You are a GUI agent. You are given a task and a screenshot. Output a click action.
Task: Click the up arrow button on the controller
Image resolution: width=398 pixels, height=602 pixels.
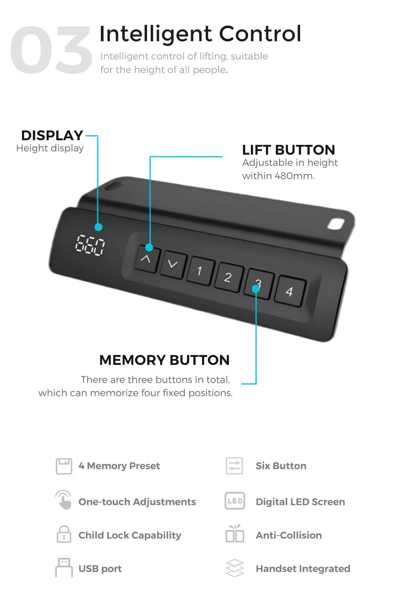pos(146,259)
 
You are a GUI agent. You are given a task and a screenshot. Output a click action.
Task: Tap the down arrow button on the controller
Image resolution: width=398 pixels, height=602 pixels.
pos(173,264)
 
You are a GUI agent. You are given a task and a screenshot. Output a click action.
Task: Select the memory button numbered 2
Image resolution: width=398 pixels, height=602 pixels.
pos(228,278)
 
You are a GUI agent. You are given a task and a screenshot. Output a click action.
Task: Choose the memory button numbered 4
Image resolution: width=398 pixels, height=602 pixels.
pos(289,291)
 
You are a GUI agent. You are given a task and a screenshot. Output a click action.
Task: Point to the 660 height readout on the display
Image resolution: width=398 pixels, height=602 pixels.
pos(90,246)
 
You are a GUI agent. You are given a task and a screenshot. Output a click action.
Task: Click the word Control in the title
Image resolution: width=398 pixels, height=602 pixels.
pos(260,34)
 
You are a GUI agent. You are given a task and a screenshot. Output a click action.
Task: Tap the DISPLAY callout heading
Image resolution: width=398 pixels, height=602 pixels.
pos(52,135)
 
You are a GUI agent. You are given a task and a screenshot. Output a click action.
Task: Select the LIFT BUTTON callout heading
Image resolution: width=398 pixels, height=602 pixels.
pos(288,150)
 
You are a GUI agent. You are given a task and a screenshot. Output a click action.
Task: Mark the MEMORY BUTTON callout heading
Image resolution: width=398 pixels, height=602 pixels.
pos(164,360)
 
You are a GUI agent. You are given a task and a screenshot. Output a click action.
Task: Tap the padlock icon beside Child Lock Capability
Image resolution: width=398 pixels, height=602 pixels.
pos(64,534)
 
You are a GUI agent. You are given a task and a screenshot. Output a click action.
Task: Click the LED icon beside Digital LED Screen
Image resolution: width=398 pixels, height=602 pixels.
pos(235,501)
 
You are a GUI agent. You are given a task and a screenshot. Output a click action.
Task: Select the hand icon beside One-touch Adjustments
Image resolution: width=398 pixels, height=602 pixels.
pos(64,500)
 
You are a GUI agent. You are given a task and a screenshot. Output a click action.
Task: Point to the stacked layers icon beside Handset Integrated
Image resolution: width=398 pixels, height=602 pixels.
pos(235,568)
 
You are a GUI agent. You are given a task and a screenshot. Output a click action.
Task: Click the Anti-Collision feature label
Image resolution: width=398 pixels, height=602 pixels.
pos(288,535)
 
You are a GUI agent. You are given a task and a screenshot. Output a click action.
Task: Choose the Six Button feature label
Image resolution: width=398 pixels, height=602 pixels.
pos(281,466)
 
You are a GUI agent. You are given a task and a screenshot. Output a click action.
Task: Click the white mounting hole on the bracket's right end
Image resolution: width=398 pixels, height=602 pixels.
pos(336,224)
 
